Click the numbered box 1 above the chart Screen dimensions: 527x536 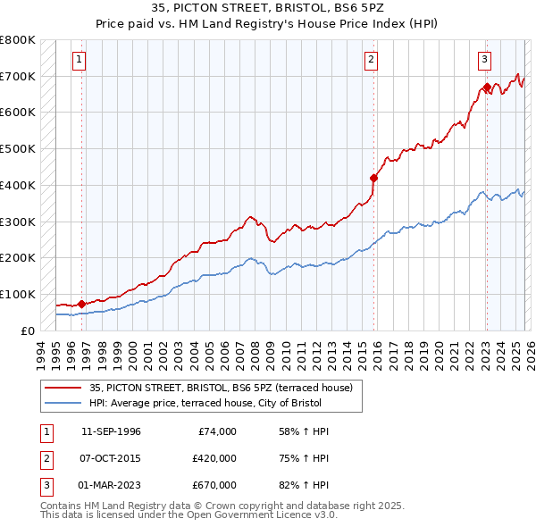(x=80, y=60)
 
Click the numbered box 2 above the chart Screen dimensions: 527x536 (x=371, y=60)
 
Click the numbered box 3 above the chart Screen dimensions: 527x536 (x=484, y=60)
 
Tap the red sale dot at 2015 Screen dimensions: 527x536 (x=374, y=178)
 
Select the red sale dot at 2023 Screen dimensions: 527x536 (x=487, y=88)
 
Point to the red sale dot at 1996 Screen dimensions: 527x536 (x=81, y=304)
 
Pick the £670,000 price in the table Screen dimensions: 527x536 (x=214, y=485)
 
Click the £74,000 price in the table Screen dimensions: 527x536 (x=217, y=431)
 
